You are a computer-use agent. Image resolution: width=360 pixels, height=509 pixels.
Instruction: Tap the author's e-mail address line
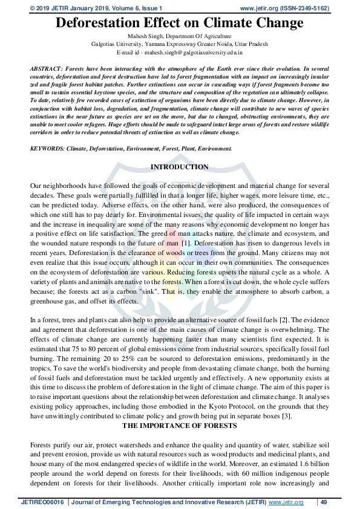pos(180,53)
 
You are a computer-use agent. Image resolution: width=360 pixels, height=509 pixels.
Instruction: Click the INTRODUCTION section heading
pos(180,167)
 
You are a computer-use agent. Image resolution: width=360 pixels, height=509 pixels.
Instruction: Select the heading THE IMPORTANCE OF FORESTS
pos(180,426)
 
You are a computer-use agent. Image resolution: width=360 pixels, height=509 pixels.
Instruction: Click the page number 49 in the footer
pos(324,502)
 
